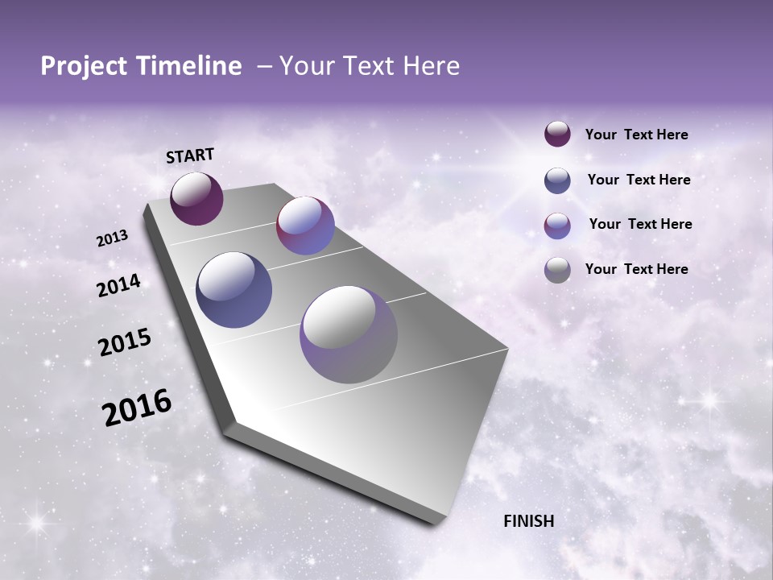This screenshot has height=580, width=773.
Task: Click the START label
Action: pyautogui.click(x=190, y=155)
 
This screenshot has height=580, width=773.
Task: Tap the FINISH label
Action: pyautogui.click(x=528, y=521)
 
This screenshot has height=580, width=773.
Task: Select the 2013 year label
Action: pyautogui.click(x=113, y=238)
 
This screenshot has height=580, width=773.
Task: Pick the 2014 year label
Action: pyautogui.click(x=119, y=285)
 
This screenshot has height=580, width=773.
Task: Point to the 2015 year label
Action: pyautogui.click(x=125, y=342)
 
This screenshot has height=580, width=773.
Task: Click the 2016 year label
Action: pyautogui.click(x=137, y=408)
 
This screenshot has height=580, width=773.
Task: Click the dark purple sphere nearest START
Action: pyautogui.click(x=196, y=198)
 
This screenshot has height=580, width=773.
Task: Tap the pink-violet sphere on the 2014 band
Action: pyautogui.click(x=305, y=226)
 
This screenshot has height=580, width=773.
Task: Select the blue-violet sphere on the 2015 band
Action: pyautogui.click(x=234, y=290)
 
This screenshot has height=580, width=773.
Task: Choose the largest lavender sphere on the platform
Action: pyautogui.click(x=348, y=334)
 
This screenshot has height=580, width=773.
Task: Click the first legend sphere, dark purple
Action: pyautogui.click(x=557, y=134)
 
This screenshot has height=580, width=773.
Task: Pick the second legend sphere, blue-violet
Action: pyautogui.click(x=557, y=180)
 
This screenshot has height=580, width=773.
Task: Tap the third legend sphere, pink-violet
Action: pyautogui.click(x=557, y=225)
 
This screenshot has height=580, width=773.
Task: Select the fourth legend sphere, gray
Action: pyautogui.click(x=557, y=270)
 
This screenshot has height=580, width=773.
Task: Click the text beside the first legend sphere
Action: pyautogui.click(x=636, y=135)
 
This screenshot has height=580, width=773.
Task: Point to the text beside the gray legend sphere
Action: pyautogui.click(x=636, y=269)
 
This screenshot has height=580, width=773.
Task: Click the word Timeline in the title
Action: pyautogui.click(x=188, y=66)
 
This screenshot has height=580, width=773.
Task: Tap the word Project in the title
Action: pyautogui.click(x=81, y=66)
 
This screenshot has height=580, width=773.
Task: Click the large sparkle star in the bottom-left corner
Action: pyautogui.click(x=35, y=524)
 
